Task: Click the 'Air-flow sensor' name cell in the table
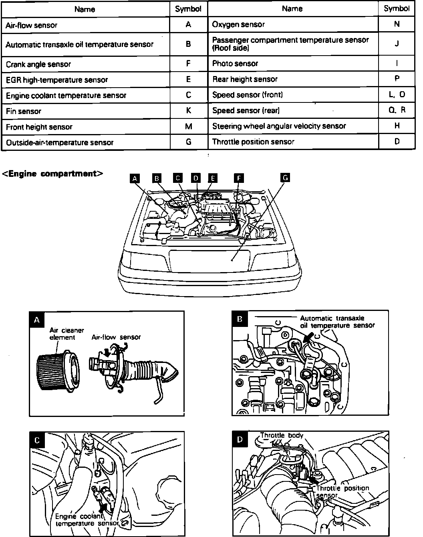point(32,25)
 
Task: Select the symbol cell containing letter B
point(188,44)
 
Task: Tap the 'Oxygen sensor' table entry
point(238,24)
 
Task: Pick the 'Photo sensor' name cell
point(235,63)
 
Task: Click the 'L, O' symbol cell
point(397,94)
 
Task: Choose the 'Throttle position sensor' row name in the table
point(253,142)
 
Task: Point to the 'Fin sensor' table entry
point(24,111)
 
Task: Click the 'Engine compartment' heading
point(53,174)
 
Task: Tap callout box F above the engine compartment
point(238,178)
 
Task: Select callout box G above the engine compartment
point(285,178)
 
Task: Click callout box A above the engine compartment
point(135,178)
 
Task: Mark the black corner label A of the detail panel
point(37,320)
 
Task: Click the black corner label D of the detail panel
point(240,440)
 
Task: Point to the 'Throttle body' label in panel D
point(282,435)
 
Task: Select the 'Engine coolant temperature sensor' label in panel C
point(86,520)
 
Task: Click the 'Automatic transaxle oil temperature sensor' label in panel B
point(337,322)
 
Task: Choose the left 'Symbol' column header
point(188,9)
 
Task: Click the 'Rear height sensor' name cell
point(245,79)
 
